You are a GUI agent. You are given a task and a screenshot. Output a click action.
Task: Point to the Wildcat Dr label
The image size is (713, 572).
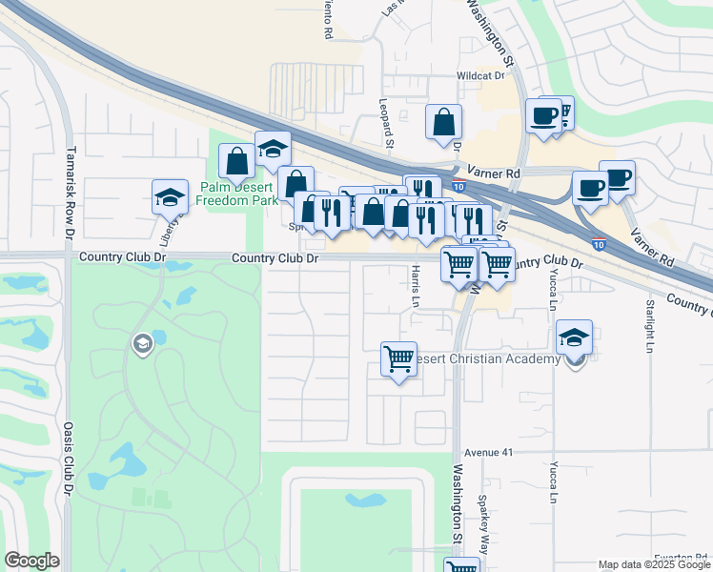(x=479, y=74)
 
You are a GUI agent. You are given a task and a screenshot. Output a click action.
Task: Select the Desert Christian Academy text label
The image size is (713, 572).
(x=496, y=359)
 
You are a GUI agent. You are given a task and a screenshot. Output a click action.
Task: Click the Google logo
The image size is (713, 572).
(x=31, y=561)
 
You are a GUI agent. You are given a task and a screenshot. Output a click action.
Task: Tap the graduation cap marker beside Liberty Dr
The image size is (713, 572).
(x=170, y=197)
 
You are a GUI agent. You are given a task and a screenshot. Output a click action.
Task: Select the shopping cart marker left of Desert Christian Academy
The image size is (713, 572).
(x=398, y=359)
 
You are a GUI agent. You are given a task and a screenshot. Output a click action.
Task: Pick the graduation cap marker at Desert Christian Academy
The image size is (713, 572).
(x=575, y=337)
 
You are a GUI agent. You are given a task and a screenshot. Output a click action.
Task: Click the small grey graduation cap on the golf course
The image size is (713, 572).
(x=143, y=344)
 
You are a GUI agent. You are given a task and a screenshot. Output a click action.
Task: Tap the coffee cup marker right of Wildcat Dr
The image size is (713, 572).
(x=544, y=116)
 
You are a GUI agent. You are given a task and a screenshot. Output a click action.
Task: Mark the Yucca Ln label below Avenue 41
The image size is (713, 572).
(x=553, y=481)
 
